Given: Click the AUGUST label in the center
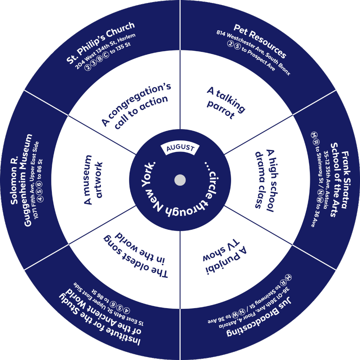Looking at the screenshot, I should [x=180, y=148].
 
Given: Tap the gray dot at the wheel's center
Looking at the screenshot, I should [x=180, y=180].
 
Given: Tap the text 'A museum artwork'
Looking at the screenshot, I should [x=93, y=180].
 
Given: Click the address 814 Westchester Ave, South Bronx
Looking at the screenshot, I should [x=253, y=52].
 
